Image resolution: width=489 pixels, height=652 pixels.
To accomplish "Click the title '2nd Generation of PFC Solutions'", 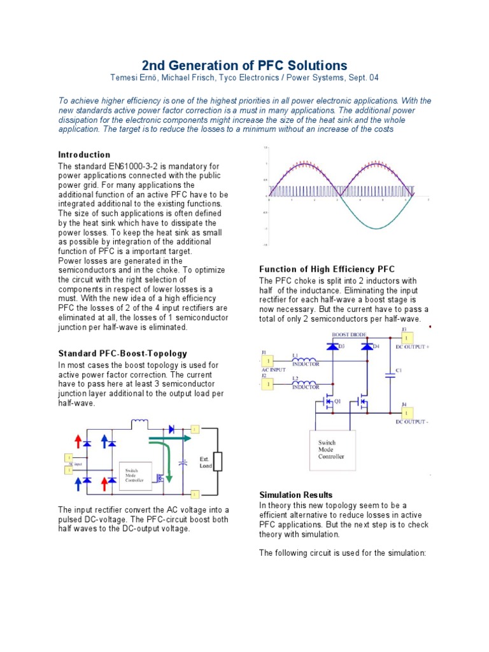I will tap(244, 65).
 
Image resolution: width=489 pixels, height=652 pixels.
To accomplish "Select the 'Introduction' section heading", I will tap(84, 155).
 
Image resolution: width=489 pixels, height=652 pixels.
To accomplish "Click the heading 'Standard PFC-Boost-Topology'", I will tap(123, 353).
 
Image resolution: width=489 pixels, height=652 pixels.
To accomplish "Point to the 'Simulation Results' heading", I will tap(295, 495).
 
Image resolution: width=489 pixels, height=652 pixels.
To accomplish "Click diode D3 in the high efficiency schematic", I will tap(331, 346).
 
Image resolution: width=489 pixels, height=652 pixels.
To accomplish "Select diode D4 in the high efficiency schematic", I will tap(366, 346).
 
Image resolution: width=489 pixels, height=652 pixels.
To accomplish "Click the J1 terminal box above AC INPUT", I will tap(270, 361).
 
